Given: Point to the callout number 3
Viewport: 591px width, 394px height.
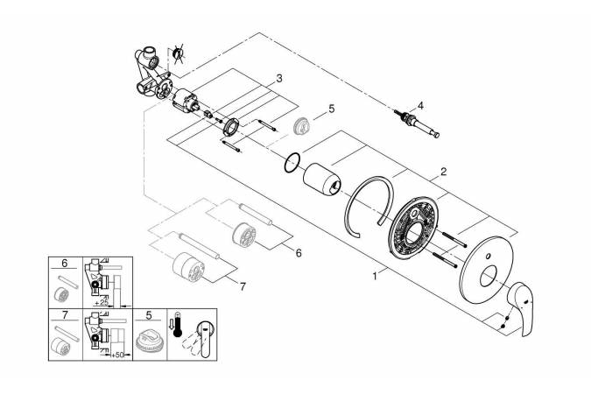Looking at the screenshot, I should (x=278, y=79).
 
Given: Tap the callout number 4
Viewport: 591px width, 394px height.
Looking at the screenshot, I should (x=420, y=105).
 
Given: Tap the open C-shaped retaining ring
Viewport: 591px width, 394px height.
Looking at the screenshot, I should (x=369, y=211).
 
